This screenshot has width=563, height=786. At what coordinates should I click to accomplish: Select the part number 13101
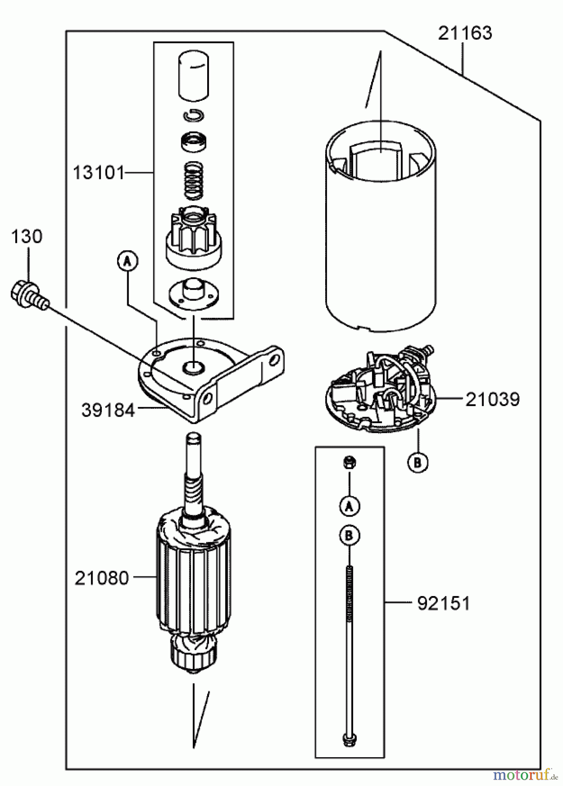point(98,173)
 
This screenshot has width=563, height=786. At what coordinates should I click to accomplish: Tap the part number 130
point(27,237)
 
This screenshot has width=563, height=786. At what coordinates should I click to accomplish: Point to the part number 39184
point(108,410)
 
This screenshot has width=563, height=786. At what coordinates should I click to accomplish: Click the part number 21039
point(492,399)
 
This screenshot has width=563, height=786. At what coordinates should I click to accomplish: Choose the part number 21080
point(101,579)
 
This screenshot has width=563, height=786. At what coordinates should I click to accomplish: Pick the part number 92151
point(443,603)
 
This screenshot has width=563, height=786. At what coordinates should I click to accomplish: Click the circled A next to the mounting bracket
point(127,262)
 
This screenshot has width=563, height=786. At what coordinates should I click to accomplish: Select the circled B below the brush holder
point(417,462)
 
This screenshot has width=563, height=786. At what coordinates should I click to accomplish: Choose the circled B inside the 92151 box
point(349,536)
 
